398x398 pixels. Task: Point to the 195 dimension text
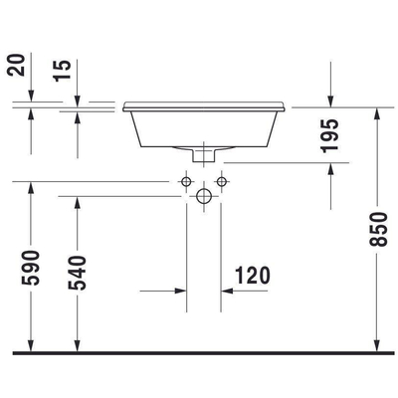(x=330, y=134)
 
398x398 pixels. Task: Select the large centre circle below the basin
(x=202, y=197)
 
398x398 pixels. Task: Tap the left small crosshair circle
(x=184, y=182)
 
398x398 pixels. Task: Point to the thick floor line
(x=199, y=352)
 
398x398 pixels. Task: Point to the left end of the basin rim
(x=122, y=103)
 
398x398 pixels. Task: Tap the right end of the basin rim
(x=289, y=103)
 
